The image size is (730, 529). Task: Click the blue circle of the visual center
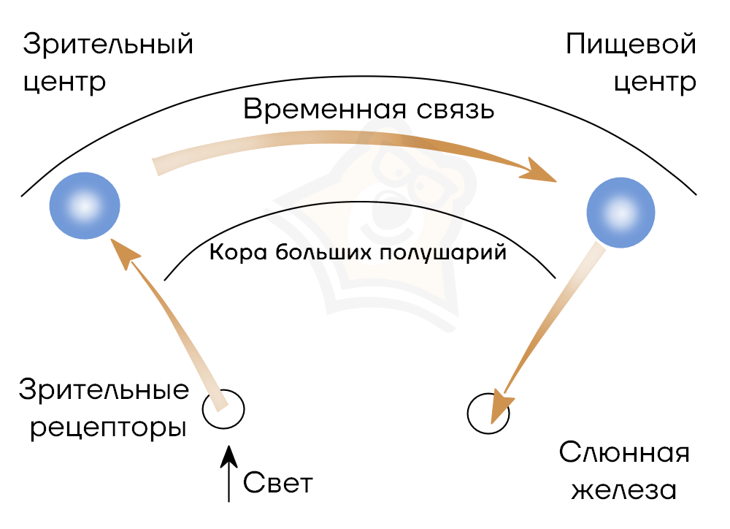(x=84, y=207)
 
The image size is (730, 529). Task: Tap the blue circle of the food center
(x=621, y=212)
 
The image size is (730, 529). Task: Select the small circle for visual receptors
(x=223, y=410)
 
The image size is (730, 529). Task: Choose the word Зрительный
(x=108, y=45)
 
